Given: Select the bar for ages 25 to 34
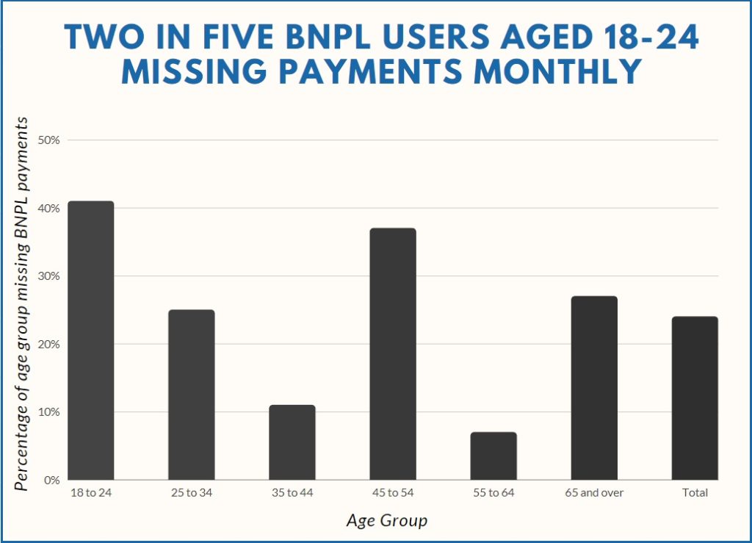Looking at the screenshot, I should [x=192, y=395].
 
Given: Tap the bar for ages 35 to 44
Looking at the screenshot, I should [x=292, y=442].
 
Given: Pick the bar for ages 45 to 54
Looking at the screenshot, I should [x=393, y=353].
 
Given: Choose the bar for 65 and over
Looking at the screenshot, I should [x=594, y=388].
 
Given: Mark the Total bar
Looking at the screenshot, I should [x=695, y=398].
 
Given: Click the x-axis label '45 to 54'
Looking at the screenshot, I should [x=393, y=493].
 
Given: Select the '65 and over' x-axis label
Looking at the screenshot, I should [x=594, y=493].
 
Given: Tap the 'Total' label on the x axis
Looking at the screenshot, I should [x=695, y=493].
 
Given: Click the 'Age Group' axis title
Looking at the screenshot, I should [x=386, y=521].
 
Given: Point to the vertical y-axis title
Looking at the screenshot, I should [x=24, y=303].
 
